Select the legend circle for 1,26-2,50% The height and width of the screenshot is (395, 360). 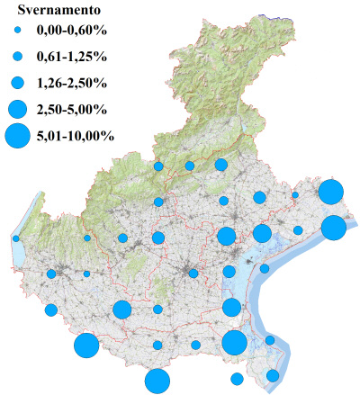pos(17,84)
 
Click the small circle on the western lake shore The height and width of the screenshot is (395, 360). pos(16,238)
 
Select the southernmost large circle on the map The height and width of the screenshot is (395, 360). pos(157,381)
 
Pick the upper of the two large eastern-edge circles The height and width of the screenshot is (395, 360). pos(330,192)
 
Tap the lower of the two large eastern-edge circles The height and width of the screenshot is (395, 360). pos(334,228)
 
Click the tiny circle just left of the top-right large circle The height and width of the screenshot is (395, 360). pos(294,194)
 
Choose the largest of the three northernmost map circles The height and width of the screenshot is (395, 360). pos(221,165)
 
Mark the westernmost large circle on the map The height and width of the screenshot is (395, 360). pos(86,346)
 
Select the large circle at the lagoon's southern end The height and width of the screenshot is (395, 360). pos(235,342)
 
